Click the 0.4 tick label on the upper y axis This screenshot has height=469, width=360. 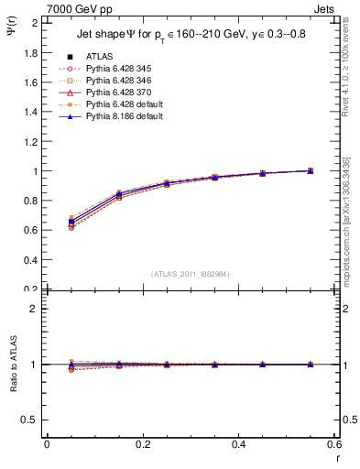click(30, 260)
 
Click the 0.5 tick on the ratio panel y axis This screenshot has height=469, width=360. click(30, 420)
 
